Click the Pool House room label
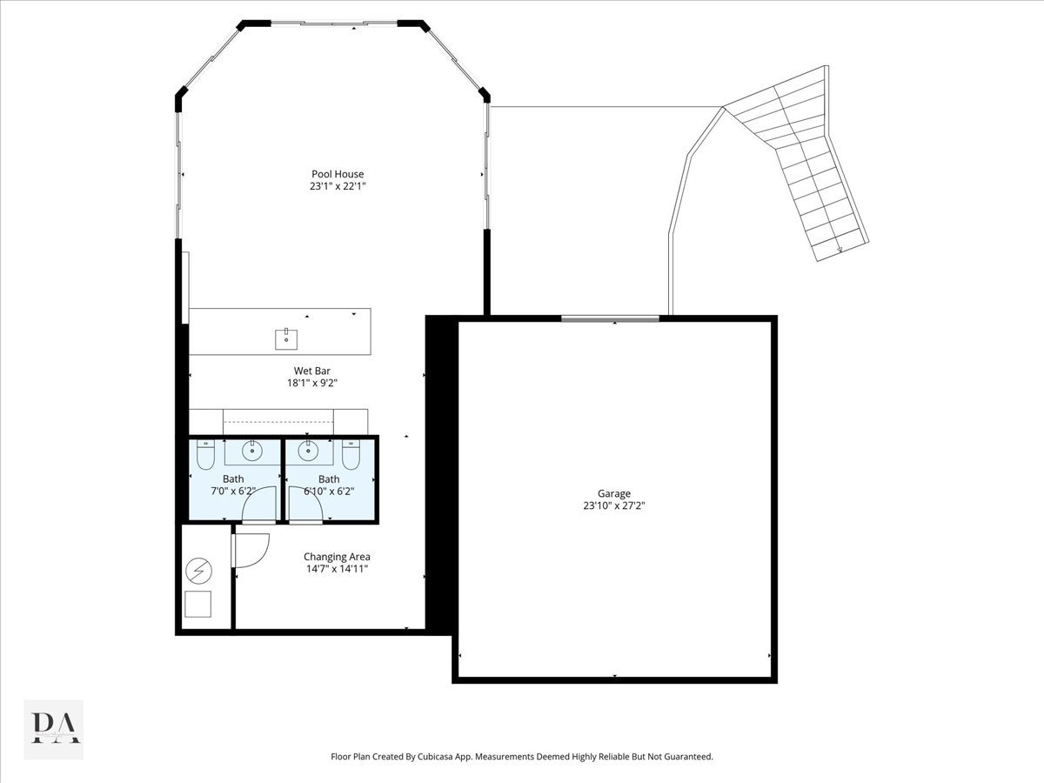[x=338, y=174]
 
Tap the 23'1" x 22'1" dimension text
[x=338, y=186]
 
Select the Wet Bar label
[x=311, y=371]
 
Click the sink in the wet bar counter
[x=286, y=339]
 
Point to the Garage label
[x=614, y=493]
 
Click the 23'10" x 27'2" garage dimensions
[x=614, y=505]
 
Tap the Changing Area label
[x=337, y=557]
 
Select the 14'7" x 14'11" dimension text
[x=337, y=569]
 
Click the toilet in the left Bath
[x=205, y=454]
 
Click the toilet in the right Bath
[x=351, y=454]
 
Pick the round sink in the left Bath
[x=252, y=450]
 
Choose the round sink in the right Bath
[x=308, y=450]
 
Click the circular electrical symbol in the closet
[x=199, y=571]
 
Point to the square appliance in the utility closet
[x=197, y=605]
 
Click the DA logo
[x=54, y=728]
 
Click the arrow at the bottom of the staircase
[x=840, y=250]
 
